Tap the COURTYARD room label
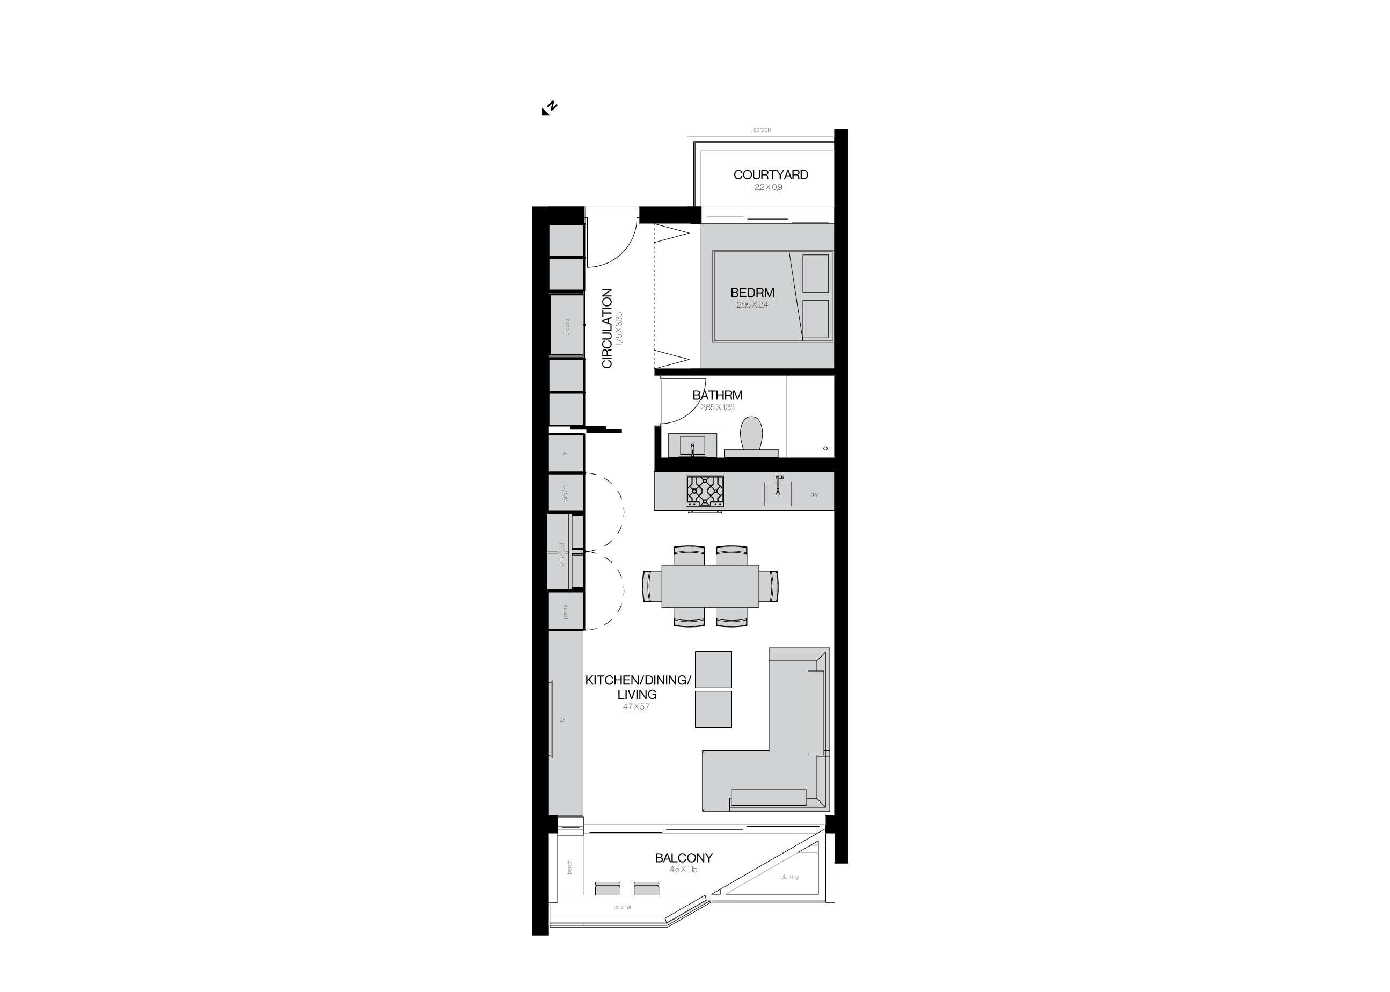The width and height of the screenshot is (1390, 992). point(770,174)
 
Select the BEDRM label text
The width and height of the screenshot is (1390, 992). point(752,293)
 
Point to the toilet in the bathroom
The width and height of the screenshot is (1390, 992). point(751,433)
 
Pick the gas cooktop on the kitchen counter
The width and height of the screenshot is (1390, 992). point(705,491)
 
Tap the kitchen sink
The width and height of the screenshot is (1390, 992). point(778,493)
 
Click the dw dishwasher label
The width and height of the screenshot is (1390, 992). point(814,494)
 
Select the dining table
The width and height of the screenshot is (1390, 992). point(710,586)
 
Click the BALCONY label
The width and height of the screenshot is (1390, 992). point(683,858)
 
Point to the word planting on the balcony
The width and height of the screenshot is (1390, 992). point(789,877)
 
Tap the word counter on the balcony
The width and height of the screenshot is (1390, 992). point(623,907)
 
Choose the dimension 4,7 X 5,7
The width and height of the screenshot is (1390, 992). point(636,707)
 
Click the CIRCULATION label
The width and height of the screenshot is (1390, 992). point(607,329)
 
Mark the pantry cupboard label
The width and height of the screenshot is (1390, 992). point(566,611)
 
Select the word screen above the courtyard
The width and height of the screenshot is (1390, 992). point(762,129)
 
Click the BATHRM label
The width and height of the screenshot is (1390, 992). point(717,395)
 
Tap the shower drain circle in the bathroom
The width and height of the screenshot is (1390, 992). point(825,448)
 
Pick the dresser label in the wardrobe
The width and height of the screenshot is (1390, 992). point(567,327)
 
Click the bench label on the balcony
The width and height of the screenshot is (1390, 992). point(569,866)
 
